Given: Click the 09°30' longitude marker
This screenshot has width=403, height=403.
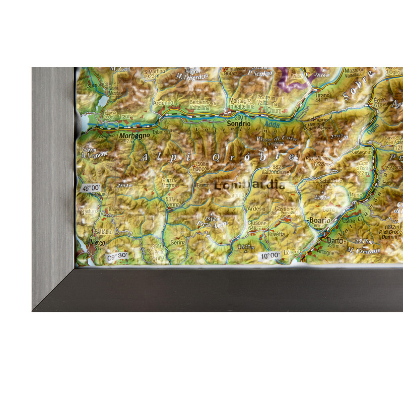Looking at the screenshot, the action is coord(117,257).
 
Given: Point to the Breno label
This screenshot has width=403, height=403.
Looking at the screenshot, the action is coord(355,194).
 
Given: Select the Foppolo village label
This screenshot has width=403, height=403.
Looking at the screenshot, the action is coord(201,169).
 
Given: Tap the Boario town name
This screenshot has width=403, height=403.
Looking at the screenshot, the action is coord(319,220).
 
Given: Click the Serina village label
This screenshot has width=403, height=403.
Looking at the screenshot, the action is coord(178,242).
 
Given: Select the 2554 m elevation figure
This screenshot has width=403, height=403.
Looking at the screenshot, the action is coord(124,185).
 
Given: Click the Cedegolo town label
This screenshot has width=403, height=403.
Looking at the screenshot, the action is coord(362,152).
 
